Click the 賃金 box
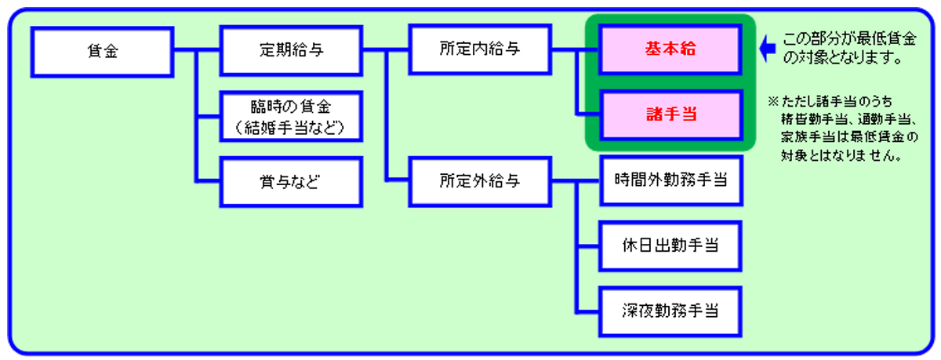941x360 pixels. [x=102, y=52]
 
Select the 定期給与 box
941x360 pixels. [x=291, y=51]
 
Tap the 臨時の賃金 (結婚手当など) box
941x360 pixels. [x=291, y=116]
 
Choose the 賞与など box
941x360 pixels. [x=291, y=182]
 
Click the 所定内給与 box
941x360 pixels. [x=480, y=49]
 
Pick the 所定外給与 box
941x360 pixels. [x=480, y=181]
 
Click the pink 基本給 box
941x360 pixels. [x=670, y=49]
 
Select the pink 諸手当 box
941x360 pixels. [x=671, y=115]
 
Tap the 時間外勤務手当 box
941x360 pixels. [x=671, y=180]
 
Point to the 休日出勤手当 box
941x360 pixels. [x=670, y=246]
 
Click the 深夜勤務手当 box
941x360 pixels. [x=670, y=311]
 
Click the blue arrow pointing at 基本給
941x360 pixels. [x=768, y=49]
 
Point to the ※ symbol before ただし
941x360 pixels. [x=773, y=101]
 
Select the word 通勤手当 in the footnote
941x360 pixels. [x=883, y=119]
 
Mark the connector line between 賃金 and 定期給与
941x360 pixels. [x=197, y=51]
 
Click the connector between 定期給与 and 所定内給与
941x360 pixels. [x=386, y=50]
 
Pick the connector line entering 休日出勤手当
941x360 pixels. [x=588, y=246]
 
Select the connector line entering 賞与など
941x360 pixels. [x=208, y=181]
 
